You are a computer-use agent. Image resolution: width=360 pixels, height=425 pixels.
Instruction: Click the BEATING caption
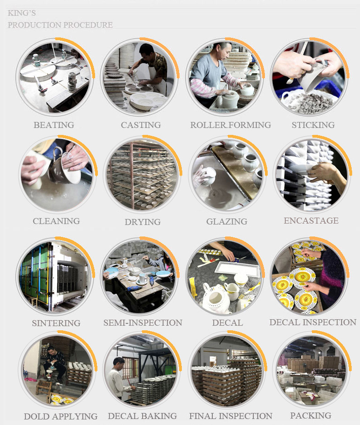coord(54,125)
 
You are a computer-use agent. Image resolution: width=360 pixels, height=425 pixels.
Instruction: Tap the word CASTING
coord(141,125)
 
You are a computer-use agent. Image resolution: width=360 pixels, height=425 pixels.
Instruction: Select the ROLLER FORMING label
coord(230,125)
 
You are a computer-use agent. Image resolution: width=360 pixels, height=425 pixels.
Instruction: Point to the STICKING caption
coord(313,125)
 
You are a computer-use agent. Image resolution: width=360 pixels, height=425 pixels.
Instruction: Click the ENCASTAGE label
coord(311,221)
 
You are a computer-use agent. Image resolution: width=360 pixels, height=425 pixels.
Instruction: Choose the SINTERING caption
coord(56,323)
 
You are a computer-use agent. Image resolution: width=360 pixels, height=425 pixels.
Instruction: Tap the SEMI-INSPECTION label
coord(143,322)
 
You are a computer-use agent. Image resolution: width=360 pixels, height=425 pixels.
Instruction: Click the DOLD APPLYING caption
coord(60,416)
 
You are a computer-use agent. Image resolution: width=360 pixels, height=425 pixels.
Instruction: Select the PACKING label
coord(311,415)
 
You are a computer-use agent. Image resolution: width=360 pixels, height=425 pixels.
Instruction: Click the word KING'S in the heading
coord(22,13)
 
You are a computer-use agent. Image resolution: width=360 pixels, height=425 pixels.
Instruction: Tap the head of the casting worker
coord(146,51)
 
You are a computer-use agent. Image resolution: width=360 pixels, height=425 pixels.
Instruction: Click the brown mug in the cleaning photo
coord(56,167)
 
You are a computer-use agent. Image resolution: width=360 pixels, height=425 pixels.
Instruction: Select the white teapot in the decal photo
coord(216,296)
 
